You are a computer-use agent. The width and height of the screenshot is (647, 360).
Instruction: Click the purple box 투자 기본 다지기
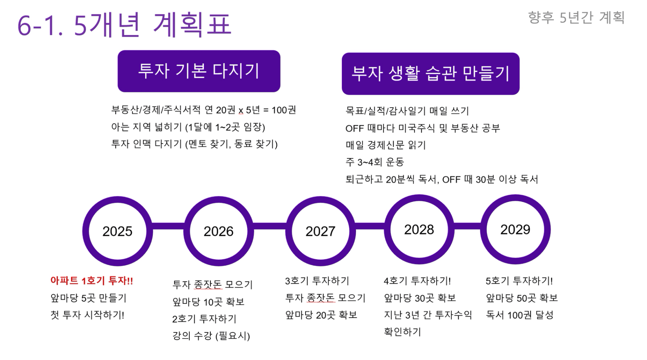pyautogui.click(x=199, y=71)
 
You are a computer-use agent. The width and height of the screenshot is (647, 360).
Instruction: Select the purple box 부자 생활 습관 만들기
pyautogui.click(x=431, y=74)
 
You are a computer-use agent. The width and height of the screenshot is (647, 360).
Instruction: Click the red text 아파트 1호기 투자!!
pyautogui.click(x=92, y=281)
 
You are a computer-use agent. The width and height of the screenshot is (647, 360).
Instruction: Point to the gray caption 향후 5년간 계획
pyautogui.click(x=576, y=17)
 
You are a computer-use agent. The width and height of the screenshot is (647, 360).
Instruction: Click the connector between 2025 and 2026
pyautogui.click(x=168, y=226)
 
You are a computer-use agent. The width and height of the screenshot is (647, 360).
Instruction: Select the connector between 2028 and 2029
pyautogui.click(x=467, y=226)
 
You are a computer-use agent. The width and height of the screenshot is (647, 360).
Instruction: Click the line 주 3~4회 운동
pyautogui.click(x=375, y=162)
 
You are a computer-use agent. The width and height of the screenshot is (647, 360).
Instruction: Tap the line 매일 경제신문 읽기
pyautogui.click(x=386, y=145)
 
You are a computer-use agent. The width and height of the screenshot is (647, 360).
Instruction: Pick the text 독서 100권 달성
pyautogui.click(x=519, y=315)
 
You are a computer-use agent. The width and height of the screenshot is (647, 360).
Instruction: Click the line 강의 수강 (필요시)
pyautogui.click(x=211, y=336)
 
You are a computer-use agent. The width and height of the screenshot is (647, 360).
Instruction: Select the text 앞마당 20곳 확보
pyautogui.click(x=321, y=315)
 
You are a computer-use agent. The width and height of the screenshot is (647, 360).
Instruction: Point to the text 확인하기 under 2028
pyautogui.click(x=402, y=332)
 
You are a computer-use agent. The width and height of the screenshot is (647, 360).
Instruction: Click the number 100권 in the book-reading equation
pyautogui.click(x=284, y=110)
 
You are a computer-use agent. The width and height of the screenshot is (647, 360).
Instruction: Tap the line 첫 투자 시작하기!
pyautogui.click(x=87, y=315)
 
